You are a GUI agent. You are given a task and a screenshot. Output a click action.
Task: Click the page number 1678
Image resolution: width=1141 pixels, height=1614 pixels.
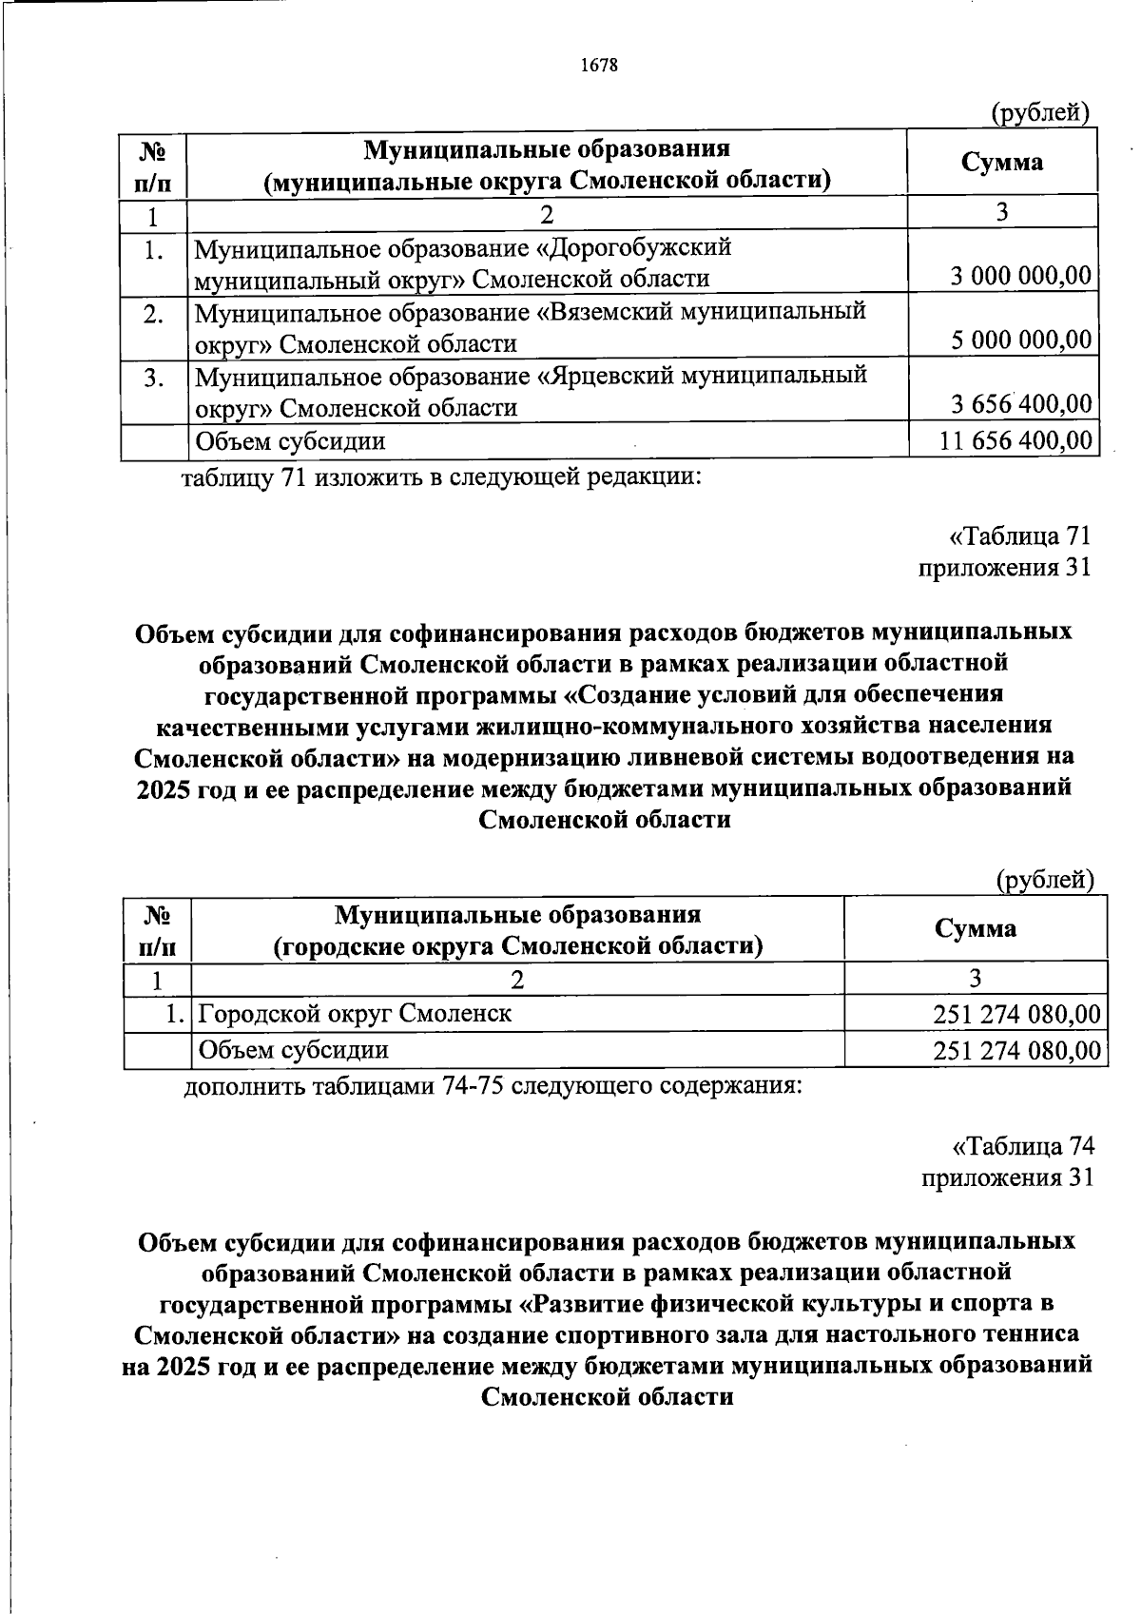pyautogui.click(x=598, y=66)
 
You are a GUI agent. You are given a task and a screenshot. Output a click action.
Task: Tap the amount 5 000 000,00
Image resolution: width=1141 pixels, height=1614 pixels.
pyautogui.click(x=1020, y=340)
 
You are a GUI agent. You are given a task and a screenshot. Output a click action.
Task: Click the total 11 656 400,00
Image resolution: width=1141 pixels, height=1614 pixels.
pyautogui.click(x=1014, y=440)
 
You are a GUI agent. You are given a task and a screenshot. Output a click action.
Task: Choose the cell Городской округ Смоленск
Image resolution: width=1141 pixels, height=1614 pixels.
pyautogui.click(x=354, y=1013)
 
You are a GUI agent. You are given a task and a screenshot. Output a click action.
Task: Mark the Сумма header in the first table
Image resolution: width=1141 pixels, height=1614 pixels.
pyautogui.click(x=1001, y=162)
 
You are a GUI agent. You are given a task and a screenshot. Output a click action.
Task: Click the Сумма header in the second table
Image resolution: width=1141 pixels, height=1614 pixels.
pyautogui.click(x=975, y=928)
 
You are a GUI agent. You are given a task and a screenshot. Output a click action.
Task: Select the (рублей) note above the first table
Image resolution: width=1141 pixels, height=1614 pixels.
pyautogui.click(x=1038, y=113)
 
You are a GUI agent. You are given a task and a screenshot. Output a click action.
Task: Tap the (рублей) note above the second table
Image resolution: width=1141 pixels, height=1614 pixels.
pyautogui.click(x=1044, y=880)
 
